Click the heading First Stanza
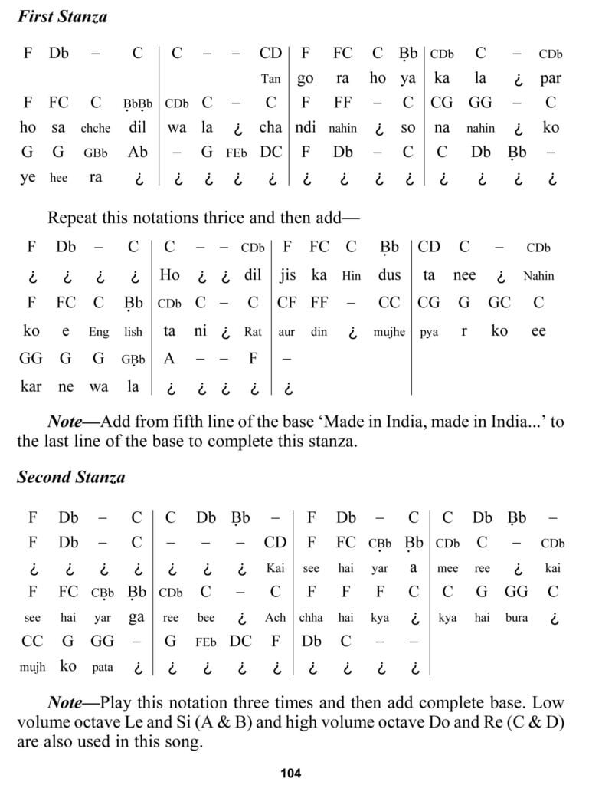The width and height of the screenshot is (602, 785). (x=62, y=16)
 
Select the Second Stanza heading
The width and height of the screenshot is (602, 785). (x=70, y=477)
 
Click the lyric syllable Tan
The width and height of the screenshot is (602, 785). (x=270, y=79)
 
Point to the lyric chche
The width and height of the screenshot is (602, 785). (x=95, y=129)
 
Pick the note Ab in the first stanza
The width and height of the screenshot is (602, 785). (x=138, y=152)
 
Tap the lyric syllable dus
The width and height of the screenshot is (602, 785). (x=389, y=275)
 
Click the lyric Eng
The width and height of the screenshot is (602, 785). (x=98, y=333)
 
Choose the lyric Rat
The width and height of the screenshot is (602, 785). (x=253, y=333)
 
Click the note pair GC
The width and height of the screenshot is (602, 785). (x=499, y=303)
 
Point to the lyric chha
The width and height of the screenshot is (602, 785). (x=311, y=618)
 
